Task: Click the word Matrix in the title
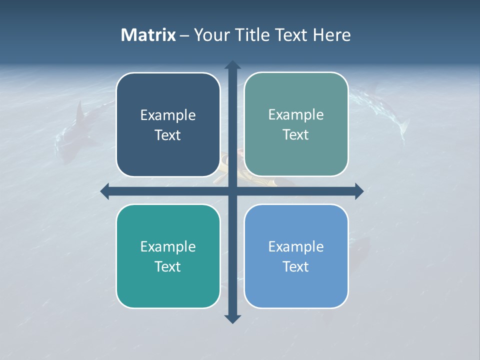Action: click(148, 35)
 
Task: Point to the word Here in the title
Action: click(332, 35)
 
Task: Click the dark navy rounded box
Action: click(168, 125)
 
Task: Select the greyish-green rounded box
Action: click(296, 124)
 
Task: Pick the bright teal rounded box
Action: click(168, 256)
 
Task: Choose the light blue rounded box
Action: click(296, 256)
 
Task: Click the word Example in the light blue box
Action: click(296, 246)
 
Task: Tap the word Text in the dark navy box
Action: click(168, 135)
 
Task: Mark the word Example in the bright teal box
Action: click(168, 246)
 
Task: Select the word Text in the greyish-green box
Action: click(296, 135)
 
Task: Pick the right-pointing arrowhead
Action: click(359, 191)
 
